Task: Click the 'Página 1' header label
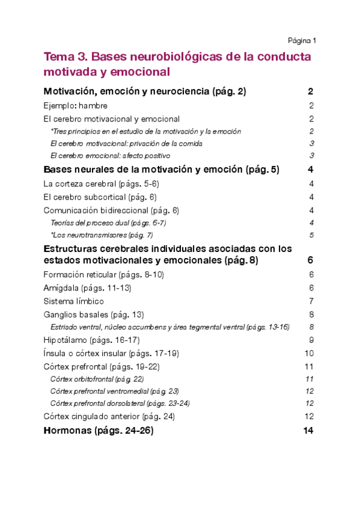pyautogui.click(x=302, y=40)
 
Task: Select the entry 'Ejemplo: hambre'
pyautogui.click(x=76, y=106)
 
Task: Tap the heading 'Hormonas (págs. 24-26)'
pyautogui.click(x=99, y=431)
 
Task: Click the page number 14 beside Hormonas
pyautogui.click(x=309, y=431)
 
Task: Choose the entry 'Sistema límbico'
pyautogui.click(x=74, y=301)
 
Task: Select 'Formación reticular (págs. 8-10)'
pyautogui.click(x=104, y=275)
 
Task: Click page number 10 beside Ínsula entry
pyautogui.click(x=310, y=354)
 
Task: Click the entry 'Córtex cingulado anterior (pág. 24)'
pyautogui.click(x=109, y=416)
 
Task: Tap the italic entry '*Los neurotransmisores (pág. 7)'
pyautogui.click(x=102, y=235)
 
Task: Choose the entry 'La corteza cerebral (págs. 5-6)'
pyautogui.click(x=102, y=183)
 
